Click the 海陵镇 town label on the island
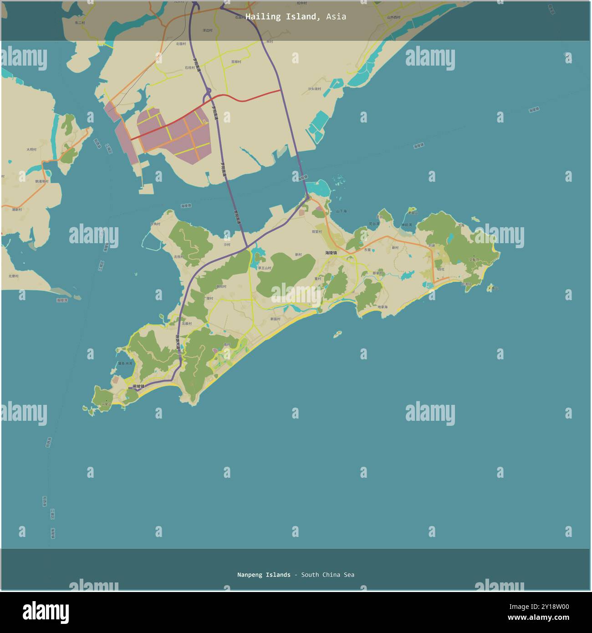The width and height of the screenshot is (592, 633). pyautogui.click(x=331, y=253)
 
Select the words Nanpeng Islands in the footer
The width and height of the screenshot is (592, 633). pyautogui.click(x=264, y=575)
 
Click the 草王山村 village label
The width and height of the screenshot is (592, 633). pyautogui.click(x=264, y=268)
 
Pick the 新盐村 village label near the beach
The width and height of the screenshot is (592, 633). pyautogui.click(x=276, y=319)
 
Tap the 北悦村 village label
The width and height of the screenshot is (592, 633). pyautogui.click(x=179, y=257)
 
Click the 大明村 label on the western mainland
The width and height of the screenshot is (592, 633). pyautogui.click(x=31, y=149)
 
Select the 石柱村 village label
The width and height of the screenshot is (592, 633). pyautogui.click(x=189, y=67)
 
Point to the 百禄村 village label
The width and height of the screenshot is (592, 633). pyautogui.click(x=236, y=61)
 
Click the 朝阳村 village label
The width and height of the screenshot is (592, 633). pyautogui.click(x=221, y=286)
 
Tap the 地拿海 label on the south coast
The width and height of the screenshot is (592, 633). pyautogui.click(x=383, y=307)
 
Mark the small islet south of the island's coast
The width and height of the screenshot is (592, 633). pyautogui.click(x=337, y=334)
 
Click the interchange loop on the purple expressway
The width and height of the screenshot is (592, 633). pyautogui.click(x=208, y=94)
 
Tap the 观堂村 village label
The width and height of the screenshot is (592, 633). pyautogui.click(x=317, y=231)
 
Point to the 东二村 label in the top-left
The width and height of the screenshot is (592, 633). pyautogui.click(x=80, y=22)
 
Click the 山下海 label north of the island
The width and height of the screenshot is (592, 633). pyautogui.click(x=341, y=211)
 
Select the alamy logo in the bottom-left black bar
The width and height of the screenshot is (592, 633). pyautogui.click(x=46, y=613)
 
